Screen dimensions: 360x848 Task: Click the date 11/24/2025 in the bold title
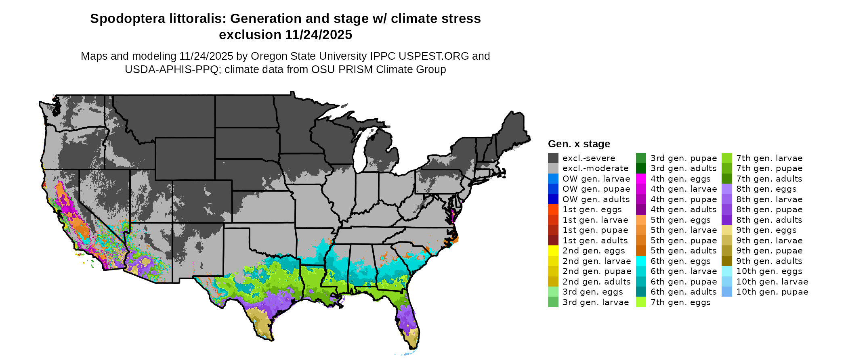[319, 35]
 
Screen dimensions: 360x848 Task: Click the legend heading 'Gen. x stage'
[579, 144]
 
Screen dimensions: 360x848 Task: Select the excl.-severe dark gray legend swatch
[553, 158]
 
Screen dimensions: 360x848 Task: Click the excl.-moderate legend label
[595, 168]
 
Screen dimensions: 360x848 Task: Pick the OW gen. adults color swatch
[553, 199]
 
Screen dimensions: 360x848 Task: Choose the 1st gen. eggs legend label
[592, 209]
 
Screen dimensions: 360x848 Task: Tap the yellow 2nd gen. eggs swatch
[553, 251]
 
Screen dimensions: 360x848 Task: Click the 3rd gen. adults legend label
[683, 168]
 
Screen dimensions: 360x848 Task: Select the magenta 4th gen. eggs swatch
[641, 179]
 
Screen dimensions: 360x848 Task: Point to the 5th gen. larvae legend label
[683, 230]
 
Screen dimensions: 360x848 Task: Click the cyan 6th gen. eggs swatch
[641, 261]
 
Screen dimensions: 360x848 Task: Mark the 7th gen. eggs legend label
[680, 302]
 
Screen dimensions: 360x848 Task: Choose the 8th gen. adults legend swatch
[726, 220]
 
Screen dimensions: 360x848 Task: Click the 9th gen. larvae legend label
[769, 241]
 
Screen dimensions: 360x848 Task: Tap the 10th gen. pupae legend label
[772, 292]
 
